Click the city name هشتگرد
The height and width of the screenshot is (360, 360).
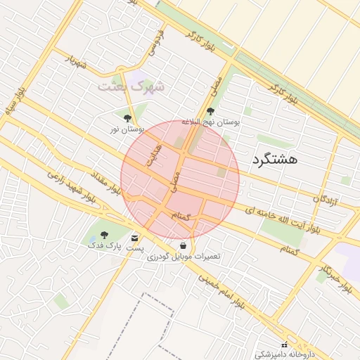click(x=274, y=159)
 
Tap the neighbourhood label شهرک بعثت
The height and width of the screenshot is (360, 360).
click(x=131, y=87)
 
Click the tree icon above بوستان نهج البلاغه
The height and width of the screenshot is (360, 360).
click(x=210, y=111)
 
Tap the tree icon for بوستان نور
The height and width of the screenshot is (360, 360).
click(x=127, y=119)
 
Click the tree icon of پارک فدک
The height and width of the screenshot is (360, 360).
click(x=105, y=235)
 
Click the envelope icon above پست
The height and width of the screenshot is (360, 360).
click(x=134, y=238)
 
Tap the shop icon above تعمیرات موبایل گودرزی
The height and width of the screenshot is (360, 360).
click(x=184, y=246)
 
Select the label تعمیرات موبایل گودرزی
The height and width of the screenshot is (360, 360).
click(x=184, y=257)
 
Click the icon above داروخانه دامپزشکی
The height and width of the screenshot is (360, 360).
click(x=284, y=345)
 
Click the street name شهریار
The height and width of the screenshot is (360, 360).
click(x=76, y=62)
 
